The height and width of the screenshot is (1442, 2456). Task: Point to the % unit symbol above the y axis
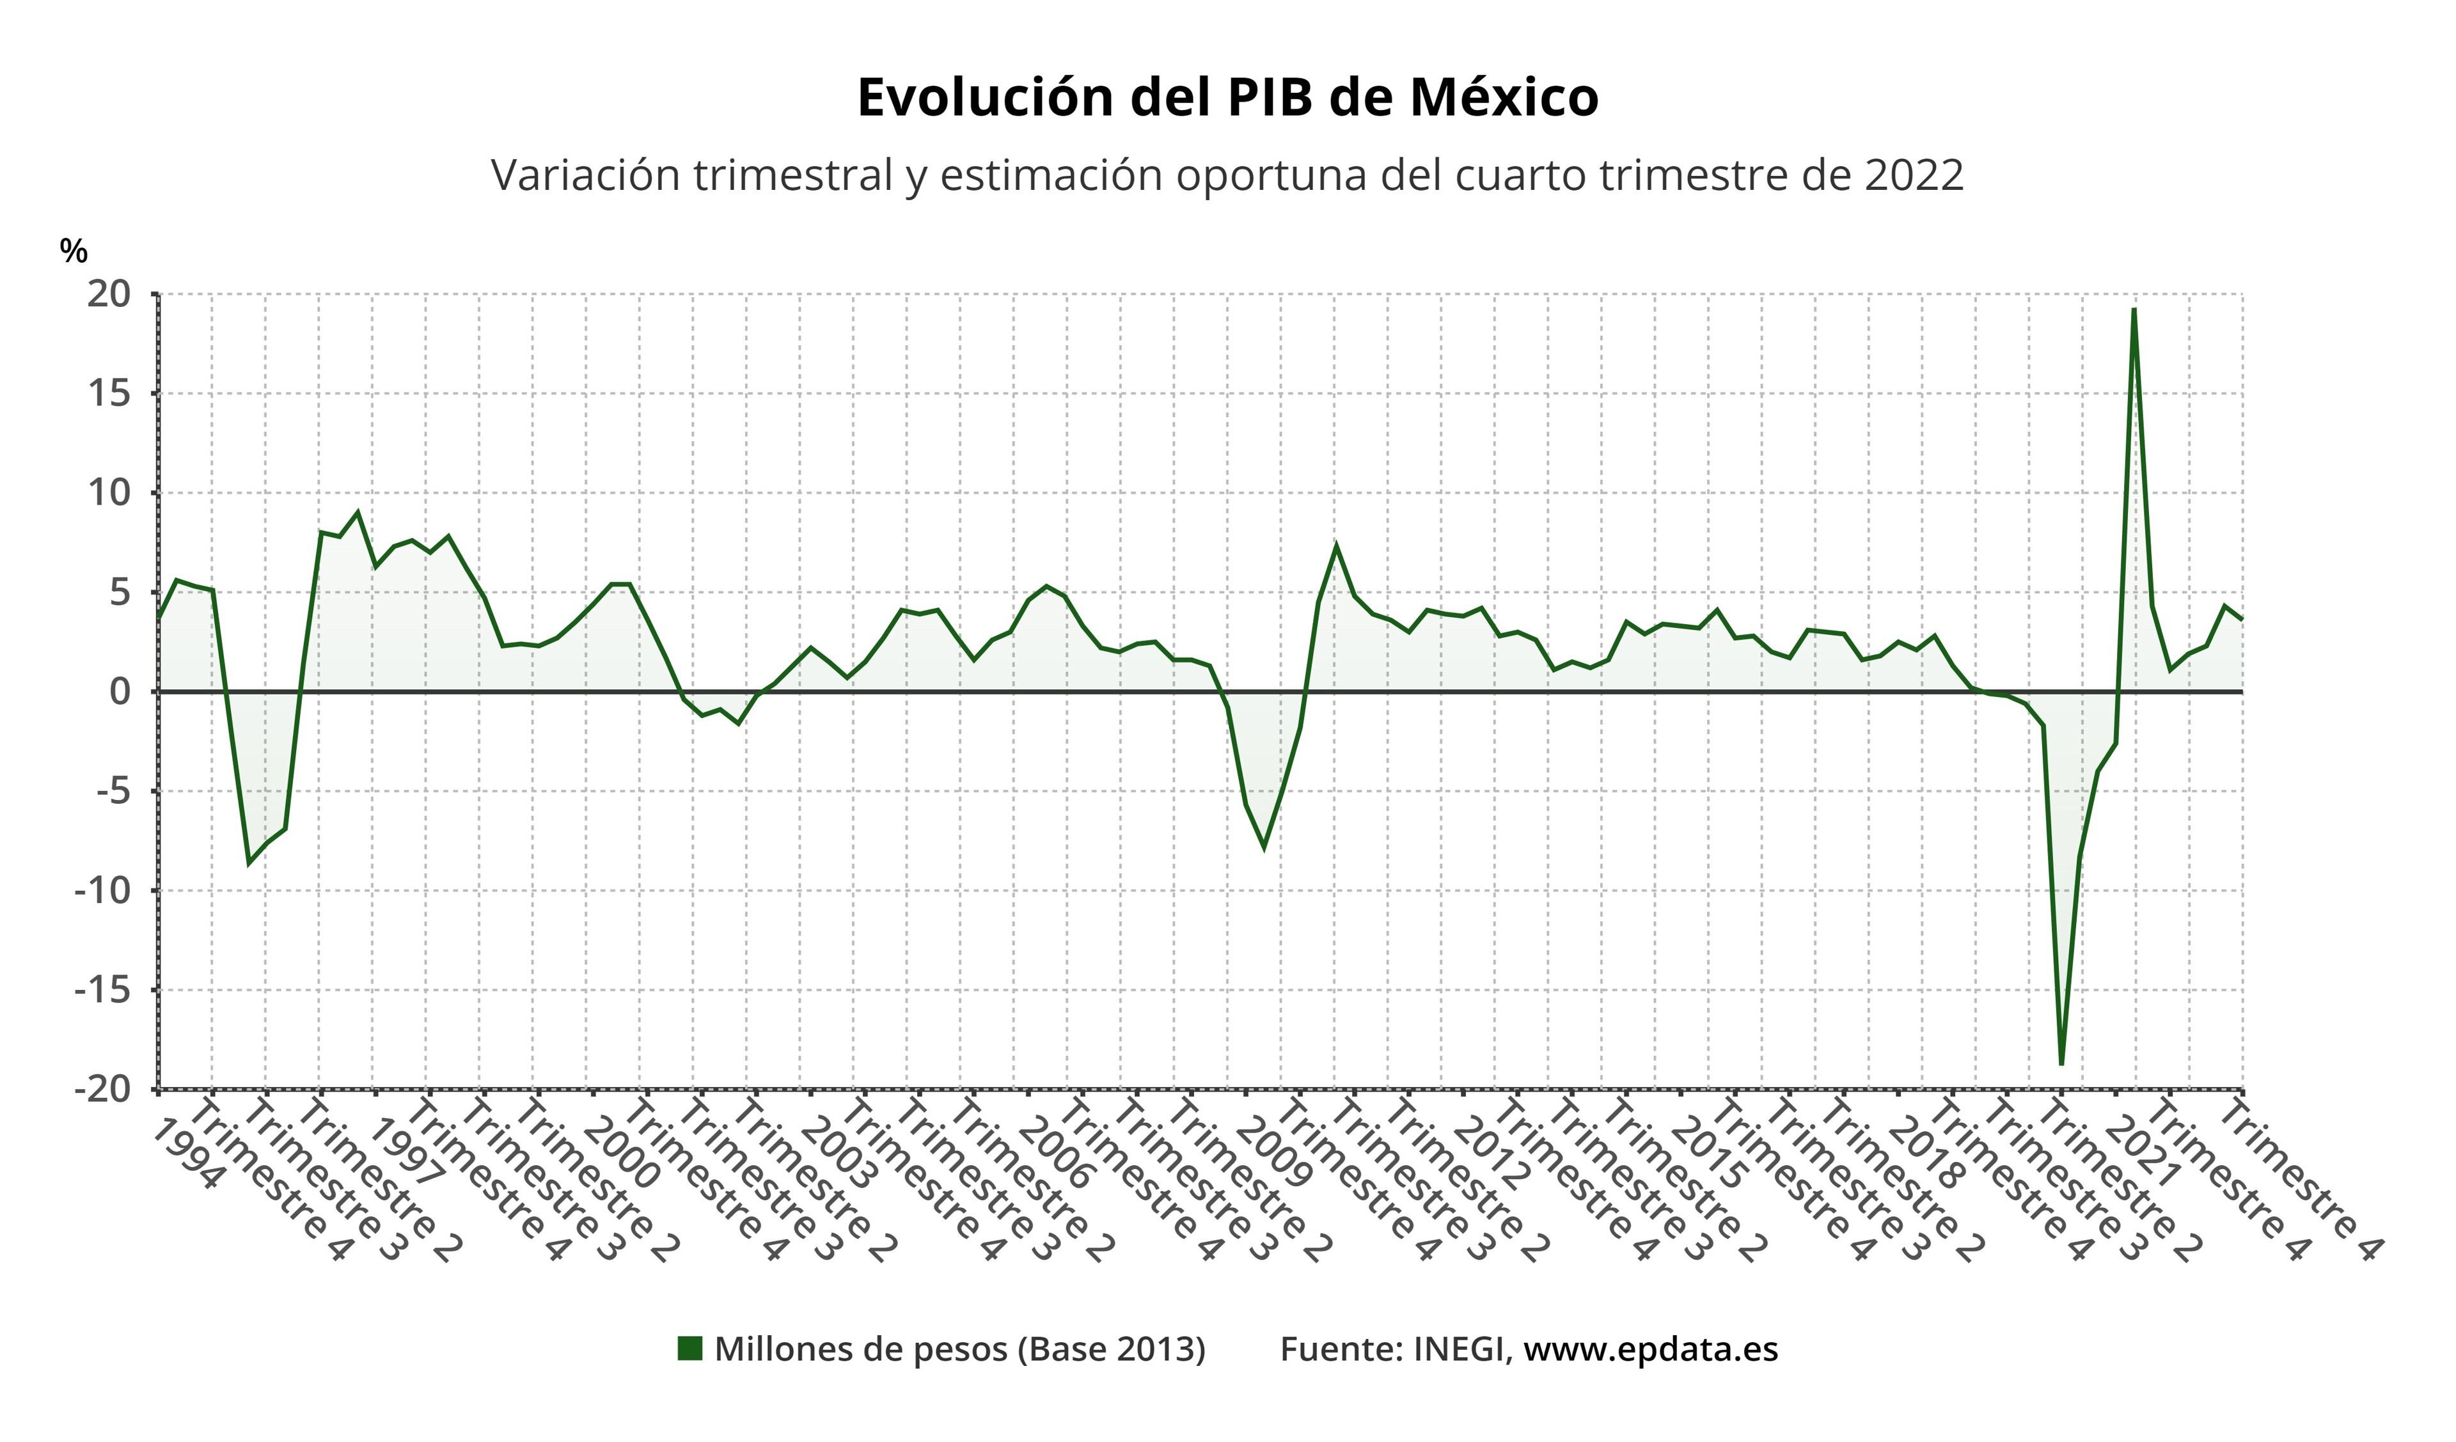point(73,251)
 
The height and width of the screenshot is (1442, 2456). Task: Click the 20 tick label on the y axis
point(108,294)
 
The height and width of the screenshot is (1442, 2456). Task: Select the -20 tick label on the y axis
point(102,1088)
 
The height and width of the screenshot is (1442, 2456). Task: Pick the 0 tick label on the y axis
point(119,692)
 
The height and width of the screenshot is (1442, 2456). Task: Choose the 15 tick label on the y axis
point(108,394)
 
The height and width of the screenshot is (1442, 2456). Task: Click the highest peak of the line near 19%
point(2134,310)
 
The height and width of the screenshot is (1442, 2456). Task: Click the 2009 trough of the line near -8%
point(1264,849)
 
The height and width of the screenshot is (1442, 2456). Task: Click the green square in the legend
point(690,1349)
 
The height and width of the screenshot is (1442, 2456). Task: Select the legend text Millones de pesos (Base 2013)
point(960,1349)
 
